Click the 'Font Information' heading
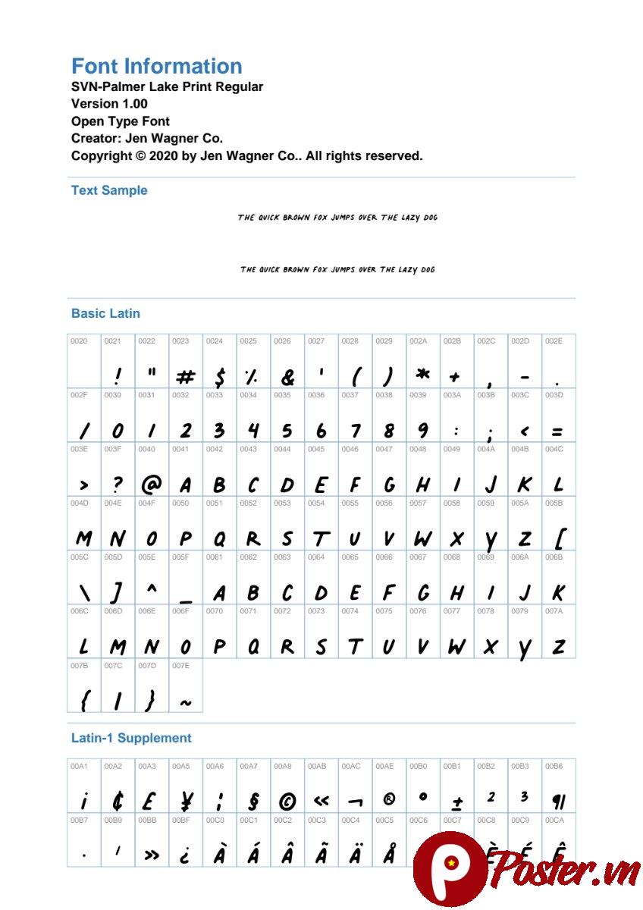[157, 66]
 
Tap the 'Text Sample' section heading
[109, 190]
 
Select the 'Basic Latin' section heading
[105, 313]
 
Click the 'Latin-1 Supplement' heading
[131, 738]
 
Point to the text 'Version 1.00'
[109, 104]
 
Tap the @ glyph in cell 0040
[152, 483]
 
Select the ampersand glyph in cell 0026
[287, 377]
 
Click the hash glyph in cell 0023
[185, 377]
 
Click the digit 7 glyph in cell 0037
[355, 430]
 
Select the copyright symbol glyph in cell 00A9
[287, 801]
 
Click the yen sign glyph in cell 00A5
[186, 800]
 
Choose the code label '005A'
[519, 503]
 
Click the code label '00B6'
[554, 767]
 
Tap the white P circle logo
[450, 866]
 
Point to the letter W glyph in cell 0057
[422, 538]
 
